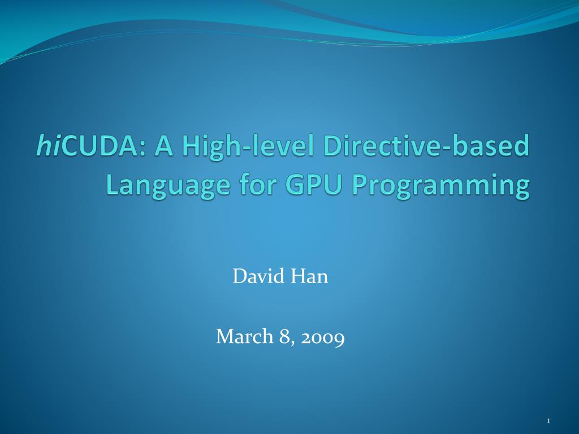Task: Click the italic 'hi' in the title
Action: point(48,146)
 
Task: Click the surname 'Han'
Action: point(309,277)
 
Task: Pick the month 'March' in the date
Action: point(244,337)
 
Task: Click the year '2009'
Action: point(323,338)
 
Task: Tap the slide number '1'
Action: point(548,420)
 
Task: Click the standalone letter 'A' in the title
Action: point(166,146)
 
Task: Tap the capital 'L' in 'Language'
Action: point(111,185)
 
